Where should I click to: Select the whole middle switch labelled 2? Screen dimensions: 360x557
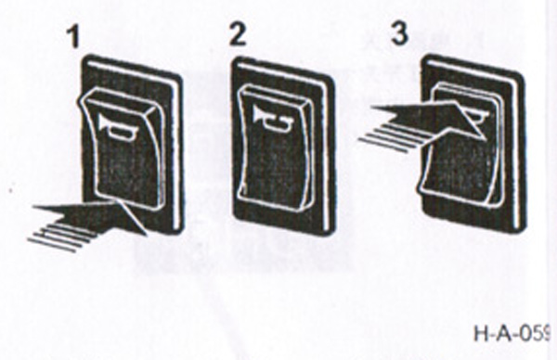click(x=279, y=144)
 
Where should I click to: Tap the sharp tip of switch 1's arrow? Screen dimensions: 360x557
click(x=144, y=232)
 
